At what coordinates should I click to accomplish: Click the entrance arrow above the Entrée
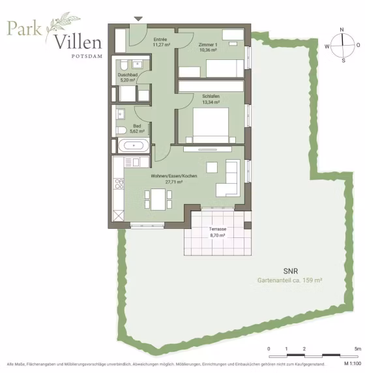pos(138,19)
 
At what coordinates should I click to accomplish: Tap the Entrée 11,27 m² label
pos(161,42)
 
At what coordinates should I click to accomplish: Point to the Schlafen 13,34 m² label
pos(211,99)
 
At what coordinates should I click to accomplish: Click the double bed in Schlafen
pos(211,125)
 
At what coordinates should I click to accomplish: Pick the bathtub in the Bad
pos(134,145)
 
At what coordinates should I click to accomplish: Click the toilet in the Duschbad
pos(124,65)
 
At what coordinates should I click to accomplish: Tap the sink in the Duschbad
pos(138,64)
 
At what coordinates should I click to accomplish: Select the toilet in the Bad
pos(121,130)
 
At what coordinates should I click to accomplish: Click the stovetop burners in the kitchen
pos(119,184)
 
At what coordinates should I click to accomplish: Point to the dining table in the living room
pos(158,200)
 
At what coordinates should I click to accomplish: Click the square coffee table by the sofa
pos(212,167)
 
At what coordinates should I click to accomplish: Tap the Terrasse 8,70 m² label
pos(218,232)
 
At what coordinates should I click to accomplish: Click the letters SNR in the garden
pos(291,271)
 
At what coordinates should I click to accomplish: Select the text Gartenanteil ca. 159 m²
pos(289,280)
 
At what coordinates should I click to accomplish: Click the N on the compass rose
pos(342,30)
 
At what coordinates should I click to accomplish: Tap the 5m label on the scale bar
pos(358,349)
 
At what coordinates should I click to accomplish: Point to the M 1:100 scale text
pos(353,364)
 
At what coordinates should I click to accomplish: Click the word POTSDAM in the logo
pos(87,56)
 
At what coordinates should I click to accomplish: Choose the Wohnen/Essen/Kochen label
pos(174,176)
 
